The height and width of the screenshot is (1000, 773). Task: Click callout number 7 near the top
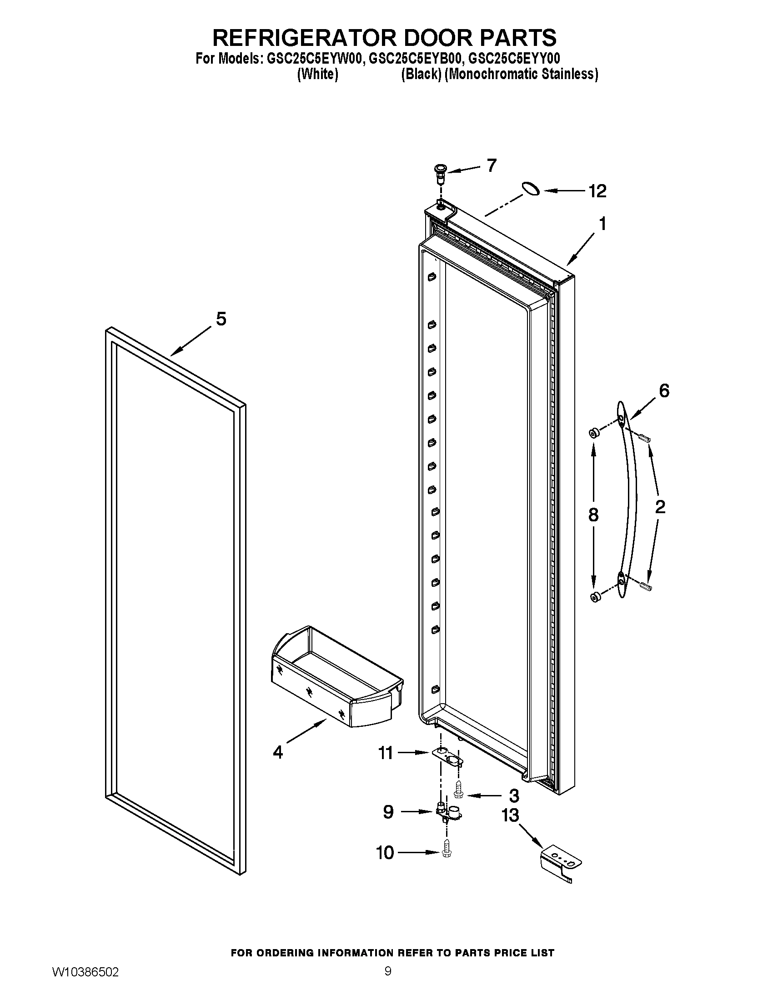492,165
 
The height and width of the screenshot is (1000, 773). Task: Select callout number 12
597,191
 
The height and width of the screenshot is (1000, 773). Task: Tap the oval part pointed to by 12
530,188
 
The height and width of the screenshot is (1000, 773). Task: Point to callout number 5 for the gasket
221,319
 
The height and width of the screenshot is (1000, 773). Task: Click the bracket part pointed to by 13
560,863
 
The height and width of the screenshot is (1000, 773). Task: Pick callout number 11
386,753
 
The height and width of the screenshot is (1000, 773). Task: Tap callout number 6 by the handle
664,390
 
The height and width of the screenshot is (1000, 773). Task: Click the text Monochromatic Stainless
522,74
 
